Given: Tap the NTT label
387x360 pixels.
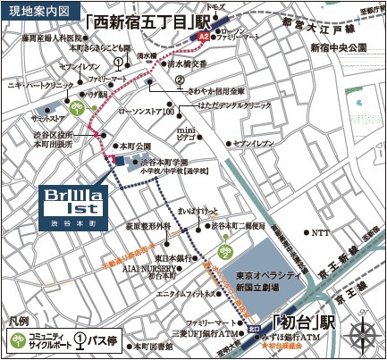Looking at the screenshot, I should (x=319, y=231).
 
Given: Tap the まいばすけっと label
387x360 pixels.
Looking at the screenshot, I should (x=198, y=211).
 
